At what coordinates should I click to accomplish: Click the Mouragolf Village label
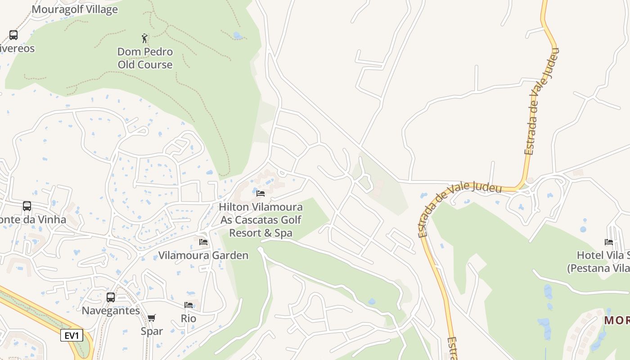pos(75,9)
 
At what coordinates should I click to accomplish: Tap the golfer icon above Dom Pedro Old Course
pos(144,38)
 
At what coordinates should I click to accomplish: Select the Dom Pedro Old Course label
pos(145,58)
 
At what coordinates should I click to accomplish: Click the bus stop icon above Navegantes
pos(111,297)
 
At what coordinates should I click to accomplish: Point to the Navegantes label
pos(111,310)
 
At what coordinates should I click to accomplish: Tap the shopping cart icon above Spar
pos(152,318)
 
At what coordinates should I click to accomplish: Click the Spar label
pos(152,331)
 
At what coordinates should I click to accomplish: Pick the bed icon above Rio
pos(189,305)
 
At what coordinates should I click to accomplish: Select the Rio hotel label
pos(189,319)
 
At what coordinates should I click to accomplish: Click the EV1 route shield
pos(72,336)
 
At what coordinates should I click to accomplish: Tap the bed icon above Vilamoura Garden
pos(203,242)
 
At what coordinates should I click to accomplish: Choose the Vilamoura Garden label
pos(203,256)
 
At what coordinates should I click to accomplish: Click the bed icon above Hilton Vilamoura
pos(261,193)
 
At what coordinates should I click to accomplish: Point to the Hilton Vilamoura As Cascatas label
pos(261,220)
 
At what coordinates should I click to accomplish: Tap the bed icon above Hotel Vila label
pos(609,242)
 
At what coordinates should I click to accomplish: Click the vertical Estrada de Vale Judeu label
pos(541,101)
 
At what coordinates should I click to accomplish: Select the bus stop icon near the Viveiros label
pos(13,35)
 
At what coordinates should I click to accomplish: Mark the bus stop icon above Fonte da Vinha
pos(27,206)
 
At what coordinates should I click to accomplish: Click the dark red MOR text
pos(616,320)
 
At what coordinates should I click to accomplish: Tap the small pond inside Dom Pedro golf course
pos(237,35)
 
